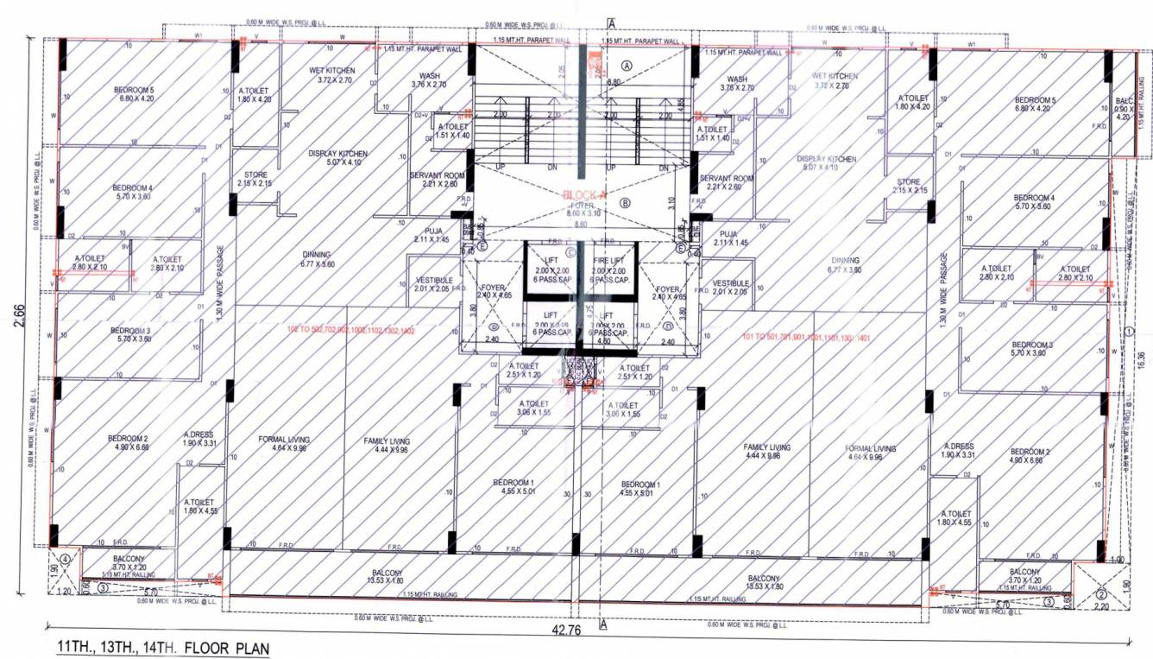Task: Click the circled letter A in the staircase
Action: click(627, 65)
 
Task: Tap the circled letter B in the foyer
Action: click(627, 203)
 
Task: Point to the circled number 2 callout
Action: click(1101, 594)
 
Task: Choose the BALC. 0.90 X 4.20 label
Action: click(1122, 108)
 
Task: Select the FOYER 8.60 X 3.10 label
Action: click(586, 207)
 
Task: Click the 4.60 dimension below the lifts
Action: click(604, 341)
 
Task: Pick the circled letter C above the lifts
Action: click(570, 253)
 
